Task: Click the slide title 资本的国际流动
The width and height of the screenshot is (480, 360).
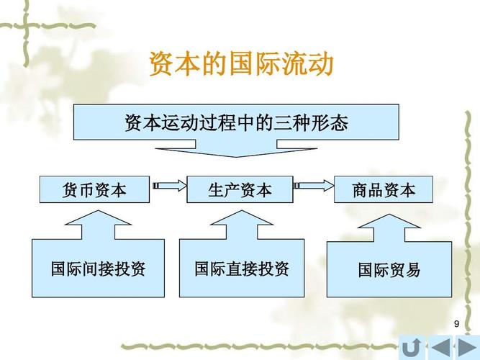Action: coord(240,64)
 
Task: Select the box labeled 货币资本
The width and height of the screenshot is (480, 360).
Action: coord(94,189)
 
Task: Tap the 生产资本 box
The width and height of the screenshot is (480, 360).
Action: coord(240,189)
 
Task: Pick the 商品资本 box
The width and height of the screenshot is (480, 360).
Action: coord(384,189)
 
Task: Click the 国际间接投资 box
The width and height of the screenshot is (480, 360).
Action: coord(98,269)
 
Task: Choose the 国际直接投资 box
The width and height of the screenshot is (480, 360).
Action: coord(242,269)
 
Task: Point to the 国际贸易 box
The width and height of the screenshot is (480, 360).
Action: coord(389,270)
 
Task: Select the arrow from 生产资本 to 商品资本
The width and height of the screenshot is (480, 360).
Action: coord(314,187)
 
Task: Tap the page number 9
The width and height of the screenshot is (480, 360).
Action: coord(456,325)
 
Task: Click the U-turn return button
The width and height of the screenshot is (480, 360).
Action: coord(412,348)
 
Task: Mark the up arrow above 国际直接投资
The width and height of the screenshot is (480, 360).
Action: coord(240,229)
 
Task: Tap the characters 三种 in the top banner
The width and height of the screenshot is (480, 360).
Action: coord(291,122)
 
